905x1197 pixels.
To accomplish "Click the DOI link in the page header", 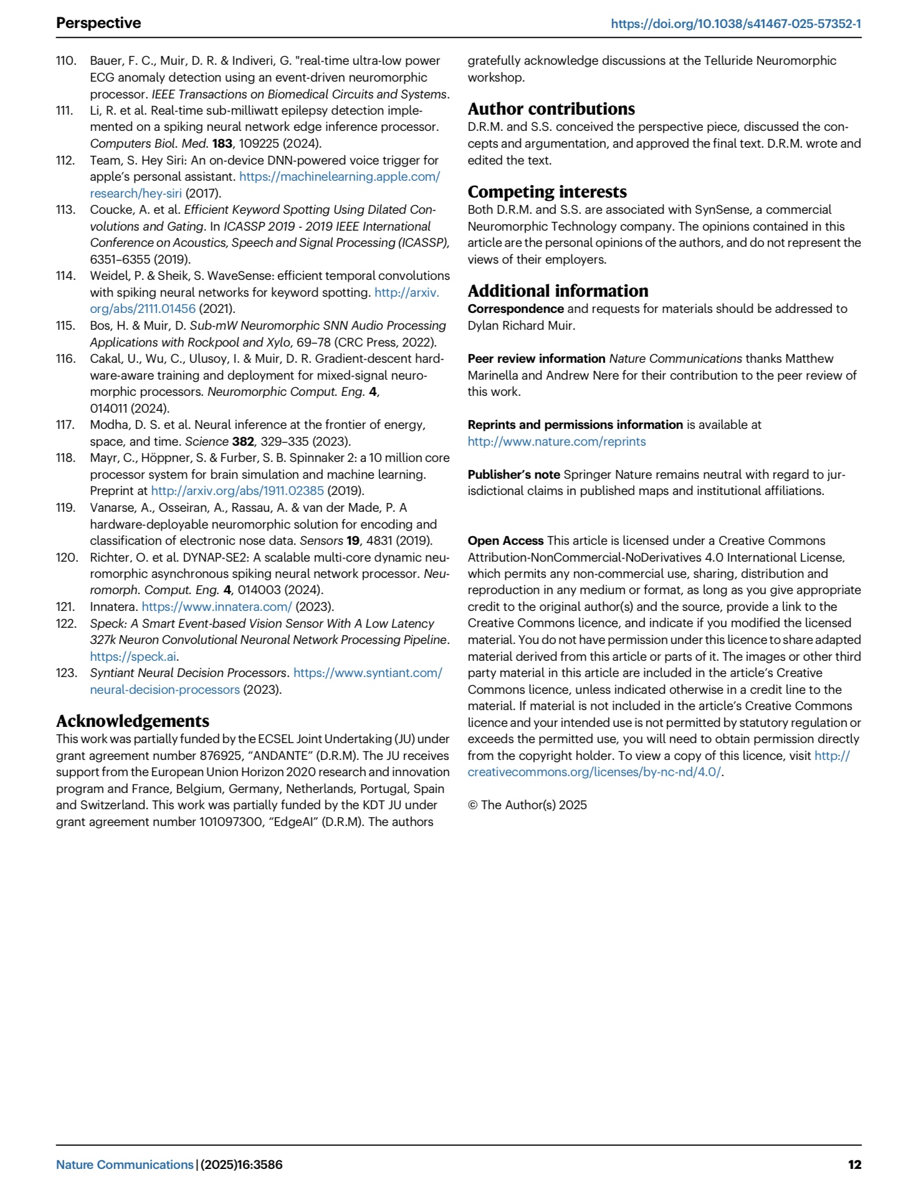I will pyautogui.click(x=735, y=24).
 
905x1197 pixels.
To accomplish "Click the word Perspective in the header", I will pyautogui.click(x=98, y=23).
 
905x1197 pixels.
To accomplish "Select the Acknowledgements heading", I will pyautogui.click(x=133, y=721).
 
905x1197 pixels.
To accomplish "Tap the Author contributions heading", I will pyautogui.click(x=551, y=108).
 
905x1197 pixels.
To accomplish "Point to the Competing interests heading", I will pyautogui.click(x=547, y=191).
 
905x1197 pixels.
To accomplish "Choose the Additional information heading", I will pyautogui.click(x=558, y=291).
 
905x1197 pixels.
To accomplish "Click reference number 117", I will pyautogui.click(x=65, y=425).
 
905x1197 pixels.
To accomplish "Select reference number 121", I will pyautogui.click(x=65, y=607).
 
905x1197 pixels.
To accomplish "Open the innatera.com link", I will pyautogui.click(x=216, y=607).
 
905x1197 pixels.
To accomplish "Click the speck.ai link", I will pyautogui.click(x=133, y=656).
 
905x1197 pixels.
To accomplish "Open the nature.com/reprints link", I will pyautogui.click(x=557, y=441).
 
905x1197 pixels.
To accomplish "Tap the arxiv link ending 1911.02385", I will pyautogui.click(x=237, y=491).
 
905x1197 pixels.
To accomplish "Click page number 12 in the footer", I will pyautogui.click(x=854, y=1165).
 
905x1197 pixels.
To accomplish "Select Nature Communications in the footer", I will pyautogui.click(x=125, y=1165).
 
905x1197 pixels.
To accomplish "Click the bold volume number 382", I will pyautogui.click(x=243, y=441).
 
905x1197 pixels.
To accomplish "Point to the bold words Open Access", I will pyautogui.click(x=505, y=541).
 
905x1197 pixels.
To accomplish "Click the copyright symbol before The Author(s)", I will pyautogui.click(x=472, y=805).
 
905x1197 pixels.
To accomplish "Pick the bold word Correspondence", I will pyautogui.click(x=515, y=309).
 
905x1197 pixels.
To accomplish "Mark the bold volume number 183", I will pyautogui.click(x=222, y=143).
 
